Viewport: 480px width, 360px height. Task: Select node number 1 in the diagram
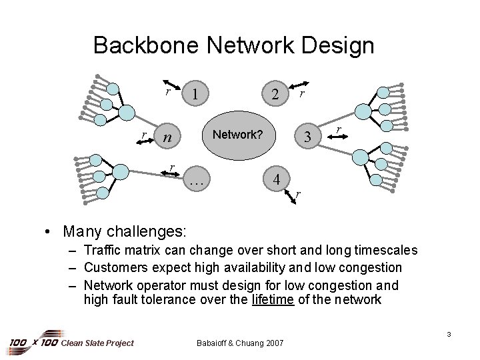[x=194, y=94]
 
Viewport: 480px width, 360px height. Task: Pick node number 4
[x=275, y=179]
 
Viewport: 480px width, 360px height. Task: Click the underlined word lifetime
[x=272, y=299]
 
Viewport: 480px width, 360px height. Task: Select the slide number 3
[x=450, y=333]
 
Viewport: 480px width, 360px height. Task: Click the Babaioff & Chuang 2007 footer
[x=240, y=343]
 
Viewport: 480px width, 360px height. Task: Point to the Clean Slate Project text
[x=97, y=343]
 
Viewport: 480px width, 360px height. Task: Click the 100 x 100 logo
[x=33, y=343]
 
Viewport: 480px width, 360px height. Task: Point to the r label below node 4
[x=298, y=194]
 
